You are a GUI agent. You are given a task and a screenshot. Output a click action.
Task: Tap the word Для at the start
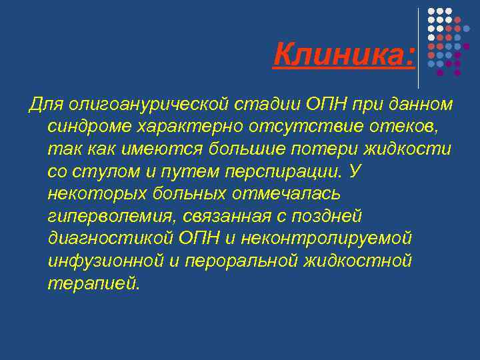tap(43, 105)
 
